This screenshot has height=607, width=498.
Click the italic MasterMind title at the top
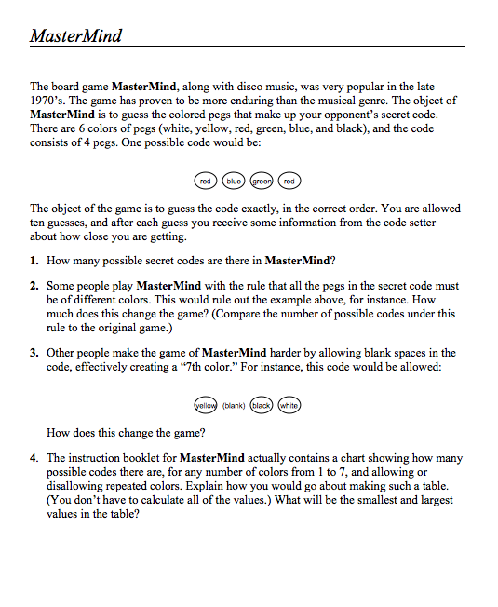coord(75,36)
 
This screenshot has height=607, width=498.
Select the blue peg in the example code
coord(234,180)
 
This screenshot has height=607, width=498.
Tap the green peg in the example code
coord(262,180)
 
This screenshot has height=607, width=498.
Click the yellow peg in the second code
coord(205,405)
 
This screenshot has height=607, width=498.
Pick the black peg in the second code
coord(261,405)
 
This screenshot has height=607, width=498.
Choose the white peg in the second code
coord(289,405)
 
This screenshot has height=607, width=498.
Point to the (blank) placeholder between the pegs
coord(233,405)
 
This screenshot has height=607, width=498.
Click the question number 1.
coord(34,260)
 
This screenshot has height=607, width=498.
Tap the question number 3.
coord(34,353)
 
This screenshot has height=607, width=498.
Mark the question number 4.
coord(34,459)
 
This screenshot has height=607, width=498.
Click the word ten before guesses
coord(39,223)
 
